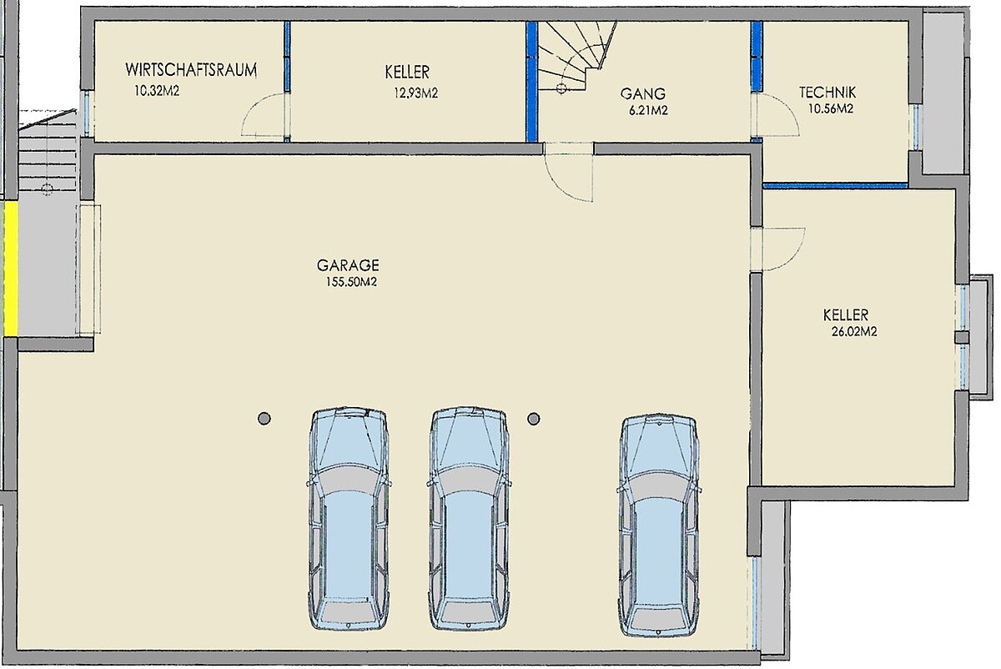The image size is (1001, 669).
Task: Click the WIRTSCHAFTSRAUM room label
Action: pyautogui.click(x=191, y=70)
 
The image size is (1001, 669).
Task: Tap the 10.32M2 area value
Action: pyautogui.click(x=157, y=91)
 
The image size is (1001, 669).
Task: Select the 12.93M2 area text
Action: pyautogui.click(x=415, y=93)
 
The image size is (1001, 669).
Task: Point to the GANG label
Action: pyautogui.click(x=642, y=94)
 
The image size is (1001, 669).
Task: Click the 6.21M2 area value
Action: pyautogui.click(x=648, y=110)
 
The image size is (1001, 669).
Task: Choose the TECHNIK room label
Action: pyautogui.click(x=827, y=93)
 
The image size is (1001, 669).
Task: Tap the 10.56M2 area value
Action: pyautogui.click(x=831, y=108)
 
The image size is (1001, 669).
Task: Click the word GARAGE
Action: pyautogui.click(x=348, y=265)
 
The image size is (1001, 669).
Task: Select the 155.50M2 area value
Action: pyautogui.click(x=351, y=282)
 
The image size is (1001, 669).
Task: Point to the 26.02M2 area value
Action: pyautogui.click(x=854, y=332)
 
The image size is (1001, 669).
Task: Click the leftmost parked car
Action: pyautogui.click(x=349, y=520)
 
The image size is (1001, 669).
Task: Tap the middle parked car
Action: pyautogui.click(x=469, y=520)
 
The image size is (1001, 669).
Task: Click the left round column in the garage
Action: pyautogui.click(x=264, y=419)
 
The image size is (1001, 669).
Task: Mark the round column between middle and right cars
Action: pyautogui.click(x=534, y=419)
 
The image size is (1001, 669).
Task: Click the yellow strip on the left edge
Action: pyautogui.click(x=10, y=269)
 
